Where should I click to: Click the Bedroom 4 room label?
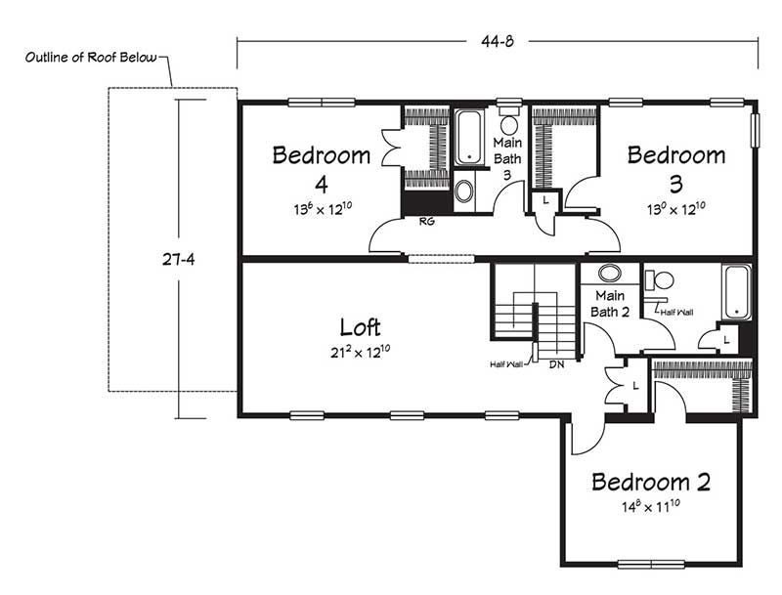pyautogui.click(x=322, y=169)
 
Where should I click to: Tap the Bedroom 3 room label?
pyautogui.click(x=676, y=169)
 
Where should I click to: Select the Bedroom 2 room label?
pyautogui.click(x=651, y=482)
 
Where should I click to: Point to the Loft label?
pyautogui.click(x=360, y=327)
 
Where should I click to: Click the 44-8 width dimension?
pyautogui.click(x=498, y=41)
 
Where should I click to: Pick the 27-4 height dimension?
pyautogui.click(x=178, y=259)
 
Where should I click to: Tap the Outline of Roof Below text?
pyautogui.click(x=91, y=58)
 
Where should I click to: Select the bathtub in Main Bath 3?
pyautogui.click(x=469, y=137)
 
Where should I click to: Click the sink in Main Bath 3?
pyautogui.click(x=464, y=191)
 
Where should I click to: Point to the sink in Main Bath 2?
pyautogui.click(x=609, y=274)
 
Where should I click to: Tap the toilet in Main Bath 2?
pyautogui.click(x=659, y=280)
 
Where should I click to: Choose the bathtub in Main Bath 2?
pyautogui.click(x=737, y=292)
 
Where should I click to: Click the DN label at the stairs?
pyautogui.click(x=557, y=364)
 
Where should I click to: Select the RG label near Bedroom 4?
pyautogui.click(x=427, y=221)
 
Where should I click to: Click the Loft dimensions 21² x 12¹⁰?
pyautogui.click(x=360, y=352)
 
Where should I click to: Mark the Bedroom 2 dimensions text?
pyautogui.click(x=651, y=506)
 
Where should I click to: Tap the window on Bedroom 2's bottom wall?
pyautogui.click(x=651, y=564)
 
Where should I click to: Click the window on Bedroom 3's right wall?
pyautogui.click(x=755, y=130)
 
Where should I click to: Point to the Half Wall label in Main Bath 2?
pyautogui.click(x=676, y=313)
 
